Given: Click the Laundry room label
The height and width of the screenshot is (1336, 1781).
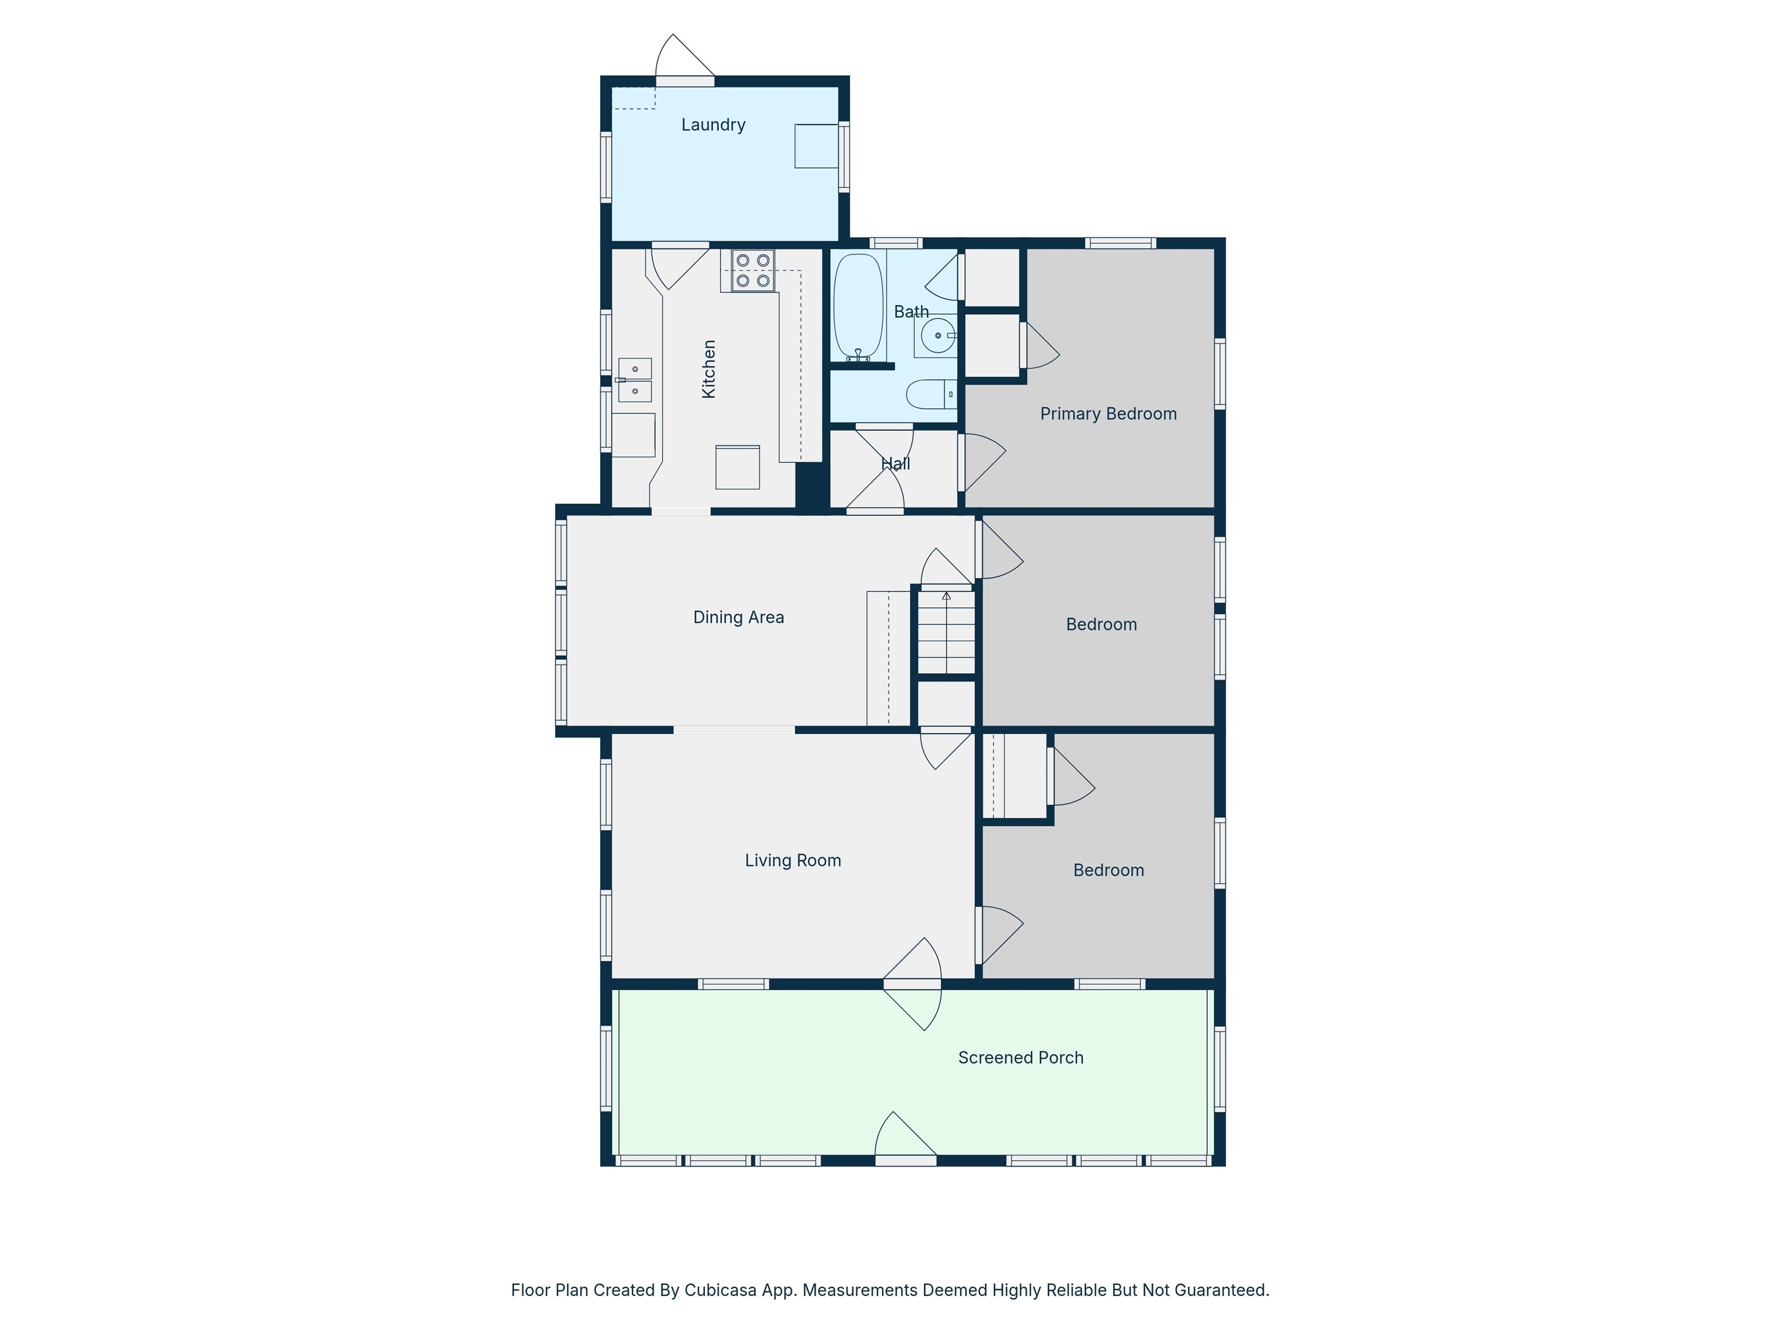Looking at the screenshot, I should [x=713, y=125].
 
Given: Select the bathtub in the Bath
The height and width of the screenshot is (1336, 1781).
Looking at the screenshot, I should [x=858, y=307].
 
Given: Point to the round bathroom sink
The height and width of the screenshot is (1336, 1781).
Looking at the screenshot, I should [x=937, y=335].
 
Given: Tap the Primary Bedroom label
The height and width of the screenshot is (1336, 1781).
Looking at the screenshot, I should [x=1108, y=414].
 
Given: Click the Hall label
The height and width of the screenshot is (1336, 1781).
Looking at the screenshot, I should [x=895, y=464].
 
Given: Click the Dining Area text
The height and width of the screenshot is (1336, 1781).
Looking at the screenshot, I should [x=739, y=618].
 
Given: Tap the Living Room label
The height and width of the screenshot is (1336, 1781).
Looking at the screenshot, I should [x=793, y=861].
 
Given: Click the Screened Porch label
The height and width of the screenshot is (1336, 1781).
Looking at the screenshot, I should [x=1020, y=1058].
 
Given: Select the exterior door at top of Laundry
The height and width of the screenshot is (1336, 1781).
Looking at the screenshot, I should [x=685, y=81].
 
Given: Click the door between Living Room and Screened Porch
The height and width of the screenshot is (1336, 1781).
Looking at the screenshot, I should [x=912, y=984].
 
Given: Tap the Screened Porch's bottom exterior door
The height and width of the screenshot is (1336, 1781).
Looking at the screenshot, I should [x=906, y=1160].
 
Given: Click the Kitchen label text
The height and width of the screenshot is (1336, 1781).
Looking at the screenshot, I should [x=708, y=369].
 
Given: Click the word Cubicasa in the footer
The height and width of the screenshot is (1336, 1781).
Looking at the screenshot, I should [x=720, y=1290].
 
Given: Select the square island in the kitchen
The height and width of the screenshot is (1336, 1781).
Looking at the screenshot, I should [x=737, y=467].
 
